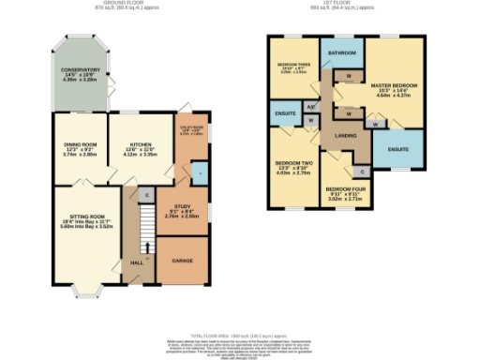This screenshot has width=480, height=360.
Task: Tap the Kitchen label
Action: point(138,145)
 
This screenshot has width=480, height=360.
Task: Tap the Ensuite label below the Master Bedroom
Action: point(397,149)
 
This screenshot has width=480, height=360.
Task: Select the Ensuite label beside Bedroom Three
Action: point(285,113)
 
